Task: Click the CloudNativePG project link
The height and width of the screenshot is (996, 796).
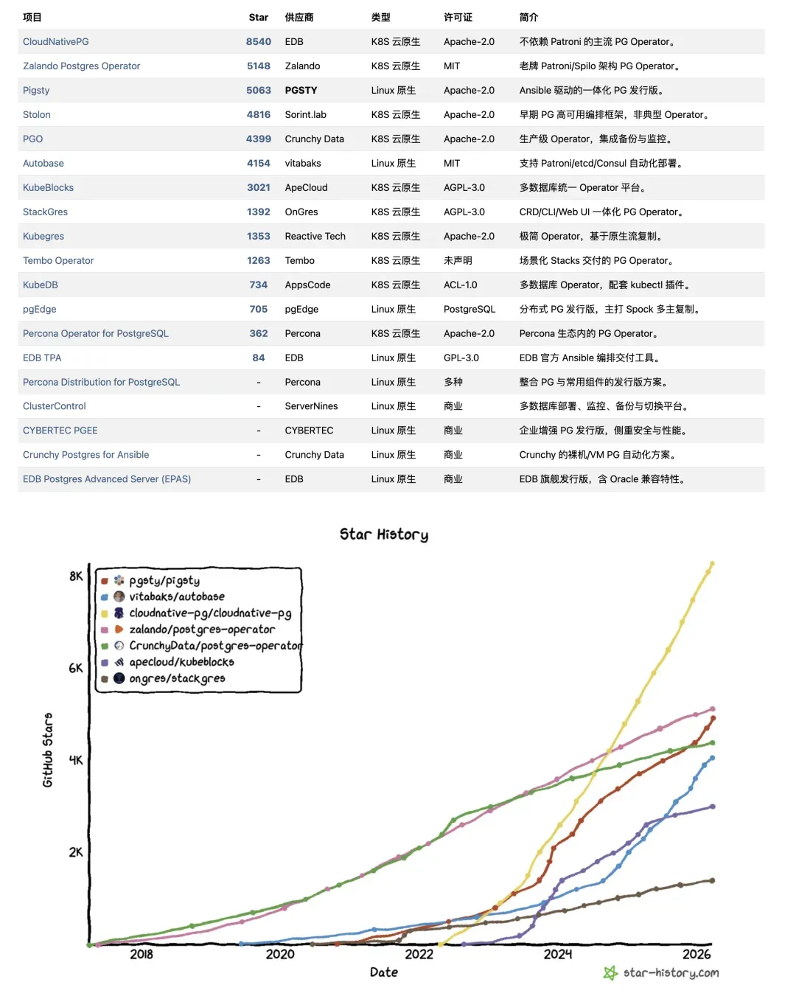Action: tap(55, 42)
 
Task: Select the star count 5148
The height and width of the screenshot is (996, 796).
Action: tap(258, 66)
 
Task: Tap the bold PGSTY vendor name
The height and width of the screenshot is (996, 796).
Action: tap(301, 90)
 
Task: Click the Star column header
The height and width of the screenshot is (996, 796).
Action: tap(258, 18)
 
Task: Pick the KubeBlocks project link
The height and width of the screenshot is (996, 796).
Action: tap(48, 187)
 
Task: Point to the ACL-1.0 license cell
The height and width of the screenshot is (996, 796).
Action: tap(460, 285)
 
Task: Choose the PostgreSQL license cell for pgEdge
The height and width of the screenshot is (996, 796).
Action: tap(469, 309)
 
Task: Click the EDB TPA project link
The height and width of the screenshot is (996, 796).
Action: tap(42, 358)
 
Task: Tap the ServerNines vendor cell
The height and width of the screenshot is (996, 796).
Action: tap(311, 406)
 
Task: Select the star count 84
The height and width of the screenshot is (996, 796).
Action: tap(258, 358)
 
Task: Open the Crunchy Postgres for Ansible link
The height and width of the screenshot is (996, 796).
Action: tap(85, 454)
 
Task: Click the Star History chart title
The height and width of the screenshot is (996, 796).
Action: tap(384, 534)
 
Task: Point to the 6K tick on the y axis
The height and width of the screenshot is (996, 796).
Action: tap(76, 669)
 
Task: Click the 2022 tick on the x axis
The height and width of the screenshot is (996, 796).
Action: tap(419, 954)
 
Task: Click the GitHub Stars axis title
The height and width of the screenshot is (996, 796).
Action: tap(48, 750)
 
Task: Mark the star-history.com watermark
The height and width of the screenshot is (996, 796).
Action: tap(661, 973)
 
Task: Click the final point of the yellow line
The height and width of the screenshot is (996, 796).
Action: tap(712, 564)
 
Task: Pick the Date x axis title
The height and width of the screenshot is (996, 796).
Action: tap(384, 972)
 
